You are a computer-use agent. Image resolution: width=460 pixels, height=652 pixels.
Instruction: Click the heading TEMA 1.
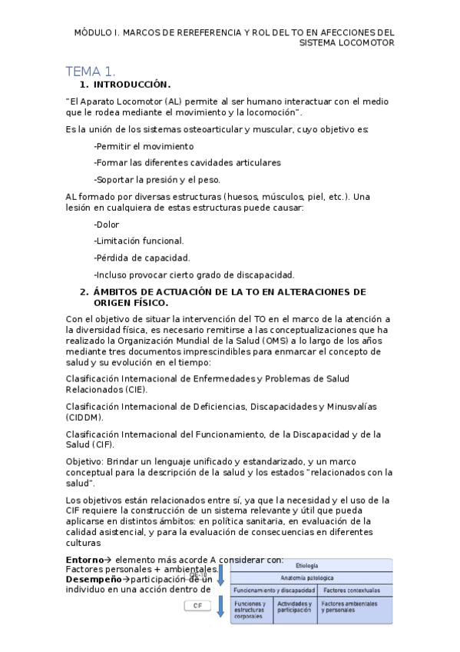pyautogui.click(x=91, y=71)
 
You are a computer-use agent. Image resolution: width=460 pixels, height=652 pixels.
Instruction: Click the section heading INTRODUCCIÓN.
pyautogui.click(x=131, y=85)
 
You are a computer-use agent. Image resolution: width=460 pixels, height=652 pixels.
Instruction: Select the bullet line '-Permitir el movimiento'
pyautogui.click(x=144, y=146)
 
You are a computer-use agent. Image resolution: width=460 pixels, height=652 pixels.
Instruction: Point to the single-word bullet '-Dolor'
pyautogui.click(x=108, y=225)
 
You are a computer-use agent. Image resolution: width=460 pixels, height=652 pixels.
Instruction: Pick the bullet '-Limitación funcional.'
pyautogui.click(x=138, y=241)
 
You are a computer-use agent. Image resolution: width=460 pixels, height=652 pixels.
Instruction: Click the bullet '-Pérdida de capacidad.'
pyautogui.click(x=141, y=258)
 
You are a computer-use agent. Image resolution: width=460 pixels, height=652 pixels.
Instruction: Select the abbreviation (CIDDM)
pyautogui.click(x=84, y=417)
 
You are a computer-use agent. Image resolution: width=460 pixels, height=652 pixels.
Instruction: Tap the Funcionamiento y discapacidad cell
pyautogui.click(x=273, y=590)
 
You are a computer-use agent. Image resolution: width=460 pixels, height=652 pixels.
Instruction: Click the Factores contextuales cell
pyautogui.click(x=351, y=590)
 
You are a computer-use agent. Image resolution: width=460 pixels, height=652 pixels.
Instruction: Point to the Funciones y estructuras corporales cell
pyautogui.click(x=251, y=610)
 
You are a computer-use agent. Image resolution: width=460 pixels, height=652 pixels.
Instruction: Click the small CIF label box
pyautogui.click(x=198, y=606)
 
